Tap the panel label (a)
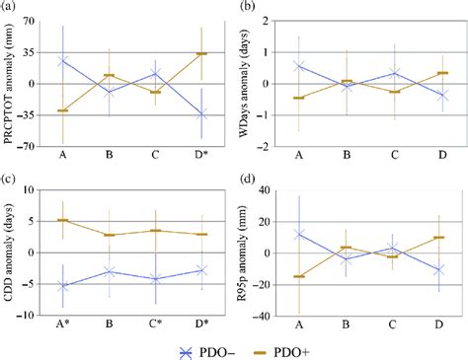(x=14, y=8)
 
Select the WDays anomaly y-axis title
(x=253, y=83)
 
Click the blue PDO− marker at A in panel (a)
(x=63, y=60)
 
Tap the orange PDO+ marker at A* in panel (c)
(x=63, y=220)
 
